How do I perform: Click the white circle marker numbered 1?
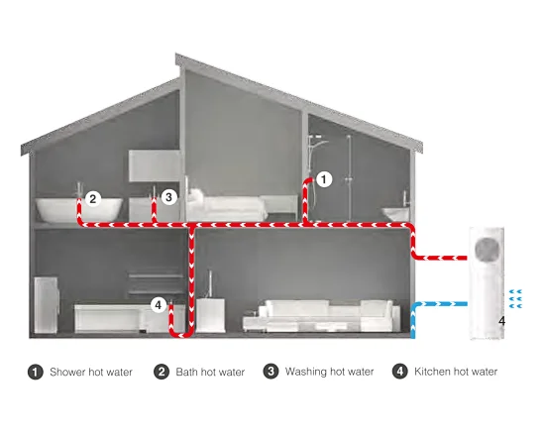(x=324, y=179)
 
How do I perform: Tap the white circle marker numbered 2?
(x=93, y=199)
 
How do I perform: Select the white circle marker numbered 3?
(x=168, y=197)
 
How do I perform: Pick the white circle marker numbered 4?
(x=159, y=305)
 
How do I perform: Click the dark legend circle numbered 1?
(x=35, y=372)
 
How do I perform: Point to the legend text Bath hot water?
(x=210, y=372)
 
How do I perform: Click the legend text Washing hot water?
(x=329, y=372)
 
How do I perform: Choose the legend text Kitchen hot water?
(x=456, y=372)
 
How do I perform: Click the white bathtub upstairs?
(x=79, y=209)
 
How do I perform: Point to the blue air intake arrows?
(x=515, y=299)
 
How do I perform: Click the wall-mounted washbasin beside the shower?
(x=395, y=214)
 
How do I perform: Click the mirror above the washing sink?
(x=155, y=165)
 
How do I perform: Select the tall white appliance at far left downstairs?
(x=46, y=305)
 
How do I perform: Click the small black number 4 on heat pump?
(x=501, y=321)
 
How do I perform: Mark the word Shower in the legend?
(x=67, y=372)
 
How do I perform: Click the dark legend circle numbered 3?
(x=271, y=372)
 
